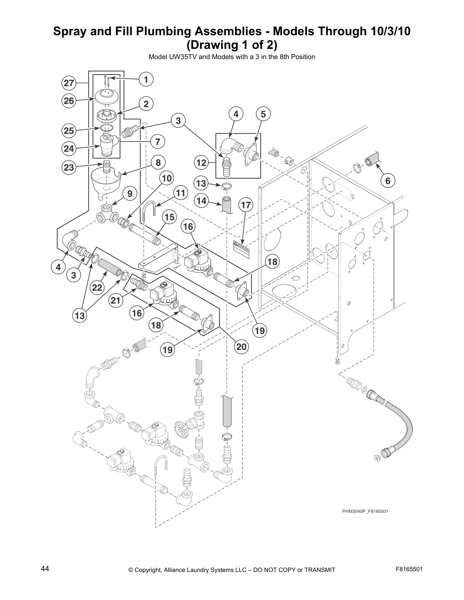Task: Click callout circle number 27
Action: point(69,83)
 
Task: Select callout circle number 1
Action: point(146,79)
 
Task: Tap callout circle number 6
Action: point(387,181)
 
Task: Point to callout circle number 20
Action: point(242,346)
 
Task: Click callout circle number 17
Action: point(246,205)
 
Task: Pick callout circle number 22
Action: point(97,287)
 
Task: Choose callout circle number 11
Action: point(180,193)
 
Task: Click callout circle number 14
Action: point(201,201)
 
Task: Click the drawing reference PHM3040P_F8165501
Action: point(365,511)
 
